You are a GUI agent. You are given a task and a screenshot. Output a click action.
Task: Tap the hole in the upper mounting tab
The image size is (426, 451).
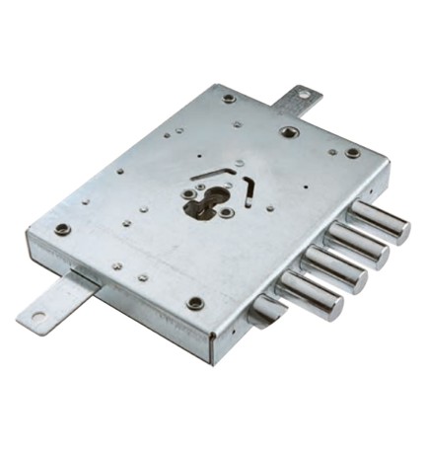(304, 96)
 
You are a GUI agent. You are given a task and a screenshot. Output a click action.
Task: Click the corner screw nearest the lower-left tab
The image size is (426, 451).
(63, 229)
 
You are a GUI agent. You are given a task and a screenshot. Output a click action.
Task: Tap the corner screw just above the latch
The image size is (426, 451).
(194, 302)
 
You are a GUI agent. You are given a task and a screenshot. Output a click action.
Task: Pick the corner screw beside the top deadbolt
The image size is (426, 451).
(353, 153)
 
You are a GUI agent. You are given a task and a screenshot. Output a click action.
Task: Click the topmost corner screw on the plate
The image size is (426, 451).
(230, 98)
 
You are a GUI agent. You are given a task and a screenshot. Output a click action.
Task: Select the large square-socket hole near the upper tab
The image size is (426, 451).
(287, 131)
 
